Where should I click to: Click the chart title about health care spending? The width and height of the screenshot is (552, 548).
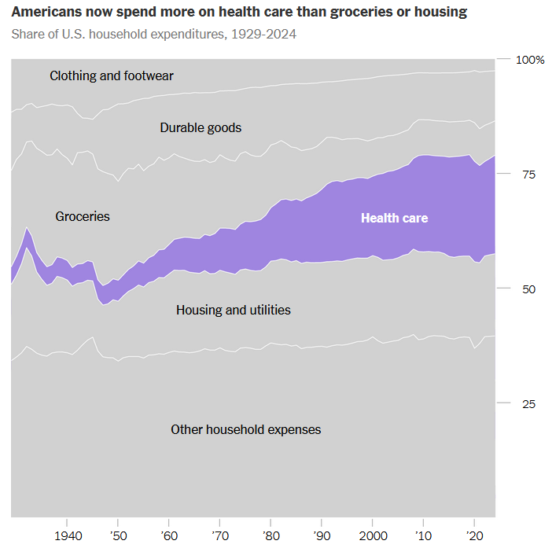tap(238, 13)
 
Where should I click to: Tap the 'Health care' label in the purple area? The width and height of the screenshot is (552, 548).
tap(394, 218)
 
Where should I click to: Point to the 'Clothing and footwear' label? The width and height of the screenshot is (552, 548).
tap(112, 76)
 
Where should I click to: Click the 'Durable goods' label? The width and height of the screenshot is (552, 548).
tap(201, 127)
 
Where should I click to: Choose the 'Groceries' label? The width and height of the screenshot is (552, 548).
tap(83, 216)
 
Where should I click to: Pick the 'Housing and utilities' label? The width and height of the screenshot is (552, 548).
tap(234, 310)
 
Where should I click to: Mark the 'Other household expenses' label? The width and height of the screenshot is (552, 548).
tap(246, 429)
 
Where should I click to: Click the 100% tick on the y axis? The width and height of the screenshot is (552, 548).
tap(530, 61)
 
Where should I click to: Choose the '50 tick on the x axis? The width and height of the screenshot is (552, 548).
tap(117, 535)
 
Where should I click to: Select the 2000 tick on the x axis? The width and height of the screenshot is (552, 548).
tap(372, 535)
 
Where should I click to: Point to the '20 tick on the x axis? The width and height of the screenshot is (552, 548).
tap(474, 535)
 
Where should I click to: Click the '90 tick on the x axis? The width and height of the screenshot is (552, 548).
tap(321, 535)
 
